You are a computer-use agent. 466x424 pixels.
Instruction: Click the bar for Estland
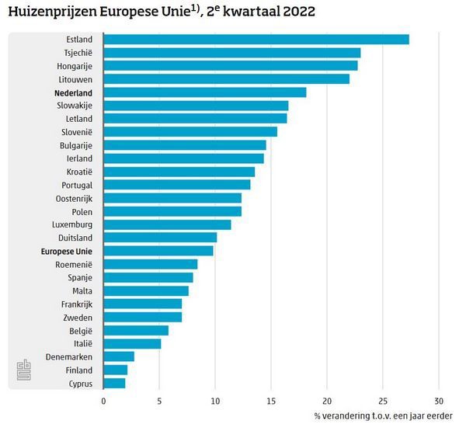pos(256,40)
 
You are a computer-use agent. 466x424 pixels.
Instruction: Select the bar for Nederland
pos(204,92)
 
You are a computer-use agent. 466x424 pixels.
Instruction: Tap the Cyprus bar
pos(114,383)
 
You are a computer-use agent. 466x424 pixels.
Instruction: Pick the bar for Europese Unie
pos(158,251)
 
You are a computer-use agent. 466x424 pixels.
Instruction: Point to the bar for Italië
pos(132,343)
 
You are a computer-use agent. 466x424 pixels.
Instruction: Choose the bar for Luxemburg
pos(167,224)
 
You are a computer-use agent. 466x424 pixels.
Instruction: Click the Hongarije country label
pos(75,66)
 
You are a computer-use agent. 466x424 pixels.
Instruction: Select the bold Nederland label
pos(73,92)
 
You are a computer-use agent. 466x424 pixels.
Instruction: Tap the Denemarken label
pos(70,356)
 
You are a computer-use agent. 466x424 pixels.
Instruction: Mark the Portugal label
pos(77,185)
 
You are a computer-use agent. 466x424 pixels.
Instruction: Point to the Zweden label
pos(78,317)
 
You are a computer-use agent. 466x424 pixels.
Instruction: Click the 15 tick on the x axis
pos(271,401)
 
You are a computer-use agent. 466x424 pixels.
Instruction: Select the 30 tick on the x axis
pos(439,401)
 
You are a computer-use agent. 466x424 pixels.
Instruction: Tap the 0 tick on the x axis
pos(103,401)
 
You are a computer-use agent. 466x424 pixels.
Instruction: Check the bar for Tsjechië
pos(231,53)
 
